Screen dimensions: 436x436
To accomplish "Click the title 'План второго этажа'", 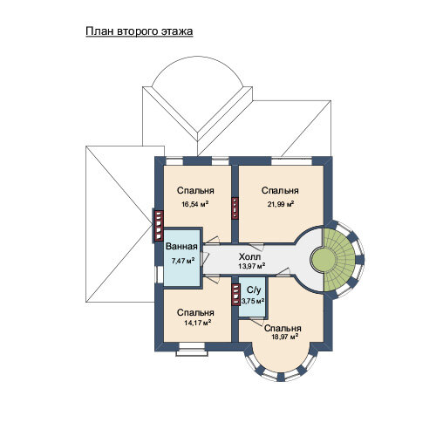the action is [140, 31].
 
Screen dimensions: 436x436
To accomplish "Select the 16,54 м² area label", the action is [195, 204].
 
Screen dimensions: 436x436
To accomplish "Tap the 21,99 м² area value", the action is [281, 204].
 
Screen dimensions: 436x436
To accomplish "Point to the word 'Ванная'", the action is [181, 247].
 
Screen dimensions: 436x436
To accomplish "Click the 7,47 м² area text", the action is [183, 261].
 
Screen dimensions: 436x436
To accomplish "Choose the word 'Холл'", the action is [249, 256].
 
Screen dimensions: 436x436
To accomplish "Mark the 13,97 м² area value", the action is [252, 266].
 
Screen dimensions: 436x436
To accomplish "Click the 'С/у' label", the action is [254, 290].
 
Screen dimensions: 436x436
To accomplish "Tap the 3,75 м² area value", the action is [253, 301].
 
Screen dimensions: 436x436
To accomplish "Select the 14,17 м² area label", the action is [197, 323].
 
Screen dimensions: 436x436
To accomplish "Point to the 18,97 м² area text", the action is [285, 337].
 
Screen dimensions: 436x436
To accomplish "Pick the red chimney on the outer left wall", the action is [159, 226].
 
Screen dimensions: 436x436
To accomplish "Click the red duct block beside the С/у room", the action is [235, 295].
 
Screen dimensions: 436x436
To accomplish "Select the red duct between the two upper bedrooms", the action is [235, 208].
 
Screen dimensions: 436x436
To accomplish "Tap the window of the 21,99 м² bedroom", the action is [291, 161].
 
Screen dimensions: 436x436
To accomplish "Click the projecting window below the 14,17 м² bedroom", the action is [192, 350].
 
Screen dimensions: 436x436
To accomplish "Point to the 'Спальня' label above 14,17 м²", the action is [195, 312].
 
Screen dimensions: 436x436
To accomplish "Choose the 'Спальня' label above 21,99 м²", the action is [280, 190].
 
